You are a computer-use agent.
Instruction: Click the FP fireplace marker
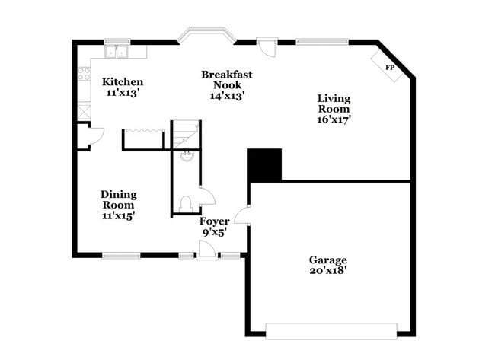point(390,68)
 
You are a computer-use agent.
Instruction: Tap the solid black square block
point(265,164)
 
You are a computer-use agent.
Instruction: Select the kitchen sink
point(118,53)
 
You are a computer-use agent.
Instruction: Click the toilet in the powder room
point(185,204)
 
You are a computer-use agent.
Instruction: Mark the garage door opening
point(331,330)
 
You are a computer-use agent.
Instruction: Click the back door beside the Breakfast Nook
point(266,47)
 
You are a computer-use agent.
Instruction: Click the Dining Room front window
point(122,255)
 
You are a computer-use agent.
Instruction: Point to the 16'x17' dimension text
point(334,119)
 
